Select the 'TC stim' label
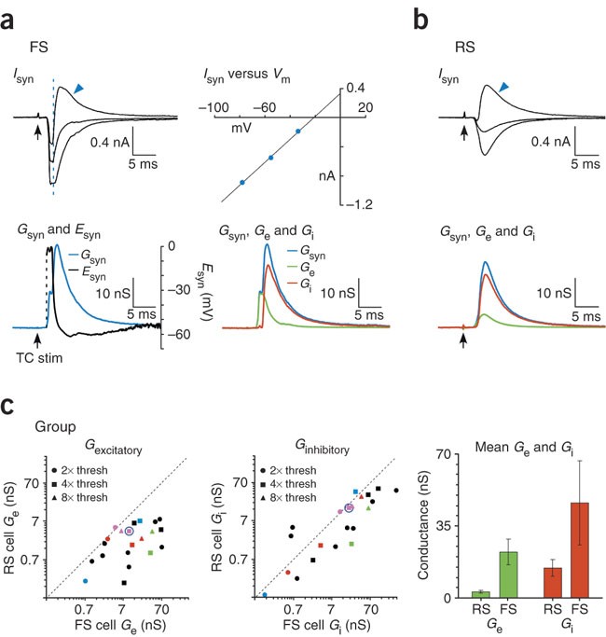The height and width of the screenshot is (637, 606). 41,356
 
